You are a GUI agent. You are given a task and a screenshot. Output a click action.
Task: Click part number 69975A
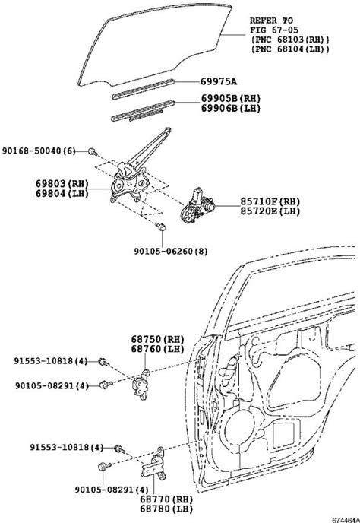[x=219, y=82]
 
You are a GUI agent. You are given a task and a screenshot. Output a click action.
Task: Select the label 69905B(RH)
[x=231, y=98]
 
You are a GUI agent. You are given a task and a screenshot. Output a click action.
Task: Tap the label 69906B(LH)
[x=231, y=108]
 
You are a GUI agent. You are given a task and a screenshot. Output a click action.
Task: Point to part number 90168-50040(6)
[x=39, y=151]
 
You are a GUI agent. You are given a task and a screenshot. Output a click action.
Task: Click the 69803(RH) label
[x=62, y=183]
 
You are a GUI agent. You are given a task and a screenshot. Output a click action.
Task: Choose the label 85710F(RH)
[x=270, y=201]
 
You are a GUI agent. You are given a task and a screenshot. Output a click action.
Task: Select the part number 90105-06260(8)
[x=171, y=251]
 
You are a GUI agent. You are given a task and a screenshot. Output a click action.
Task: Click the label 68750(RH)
[x=157, y=339]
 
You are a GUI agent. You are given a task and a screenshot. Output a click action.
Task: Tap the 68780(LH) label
[x=166, y=509]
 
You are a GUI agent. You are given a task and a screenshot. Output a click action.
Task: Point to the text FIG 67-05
[x=274, y=30]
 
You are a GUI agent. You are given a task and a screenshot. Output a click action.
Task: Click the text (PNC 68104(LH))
[x=290, y=49]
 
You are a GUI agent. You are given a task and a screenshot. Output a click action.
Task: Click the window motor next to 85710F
[x=197, y=205]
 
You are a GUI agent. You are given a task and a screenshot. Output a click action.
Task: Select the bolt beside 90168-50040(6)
[x=93, y=152]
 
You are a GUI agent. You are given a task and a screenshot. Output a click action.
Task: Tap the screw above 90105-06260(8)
[x=161, y=227]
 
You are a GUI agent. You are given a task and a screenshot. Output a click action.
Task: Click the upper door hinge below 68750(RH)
[x=142, y=385]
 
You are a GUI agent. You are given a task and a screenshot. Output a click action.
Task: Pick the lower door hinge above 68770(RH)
[x=153, y=464]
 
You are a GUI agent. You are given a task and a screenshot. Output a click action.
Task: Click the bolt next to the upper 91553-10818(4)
[x=104, y=362]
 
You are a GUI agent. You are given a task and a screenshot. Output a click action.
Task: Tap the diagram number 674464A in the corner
[x=346, y=520]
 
